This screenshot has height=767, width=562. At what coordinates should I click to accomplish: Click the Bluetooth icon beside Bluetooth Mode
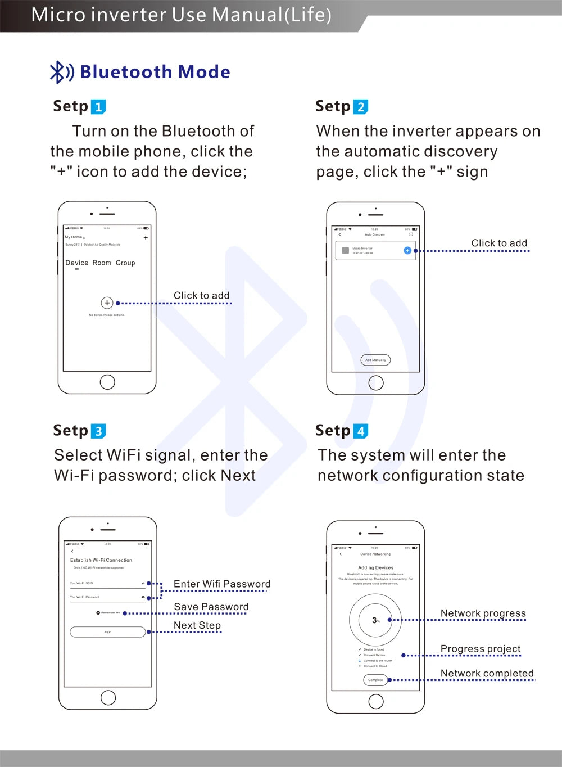pos(61,72)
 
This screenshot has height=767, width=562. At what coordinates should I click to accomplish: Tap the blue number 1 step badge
pos(98,107)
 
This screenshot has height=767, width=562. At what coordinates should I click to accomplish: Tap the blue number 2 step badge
pos(361,107)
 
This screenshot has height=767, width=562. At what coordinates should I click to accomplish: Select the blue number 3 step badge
pos(98,431)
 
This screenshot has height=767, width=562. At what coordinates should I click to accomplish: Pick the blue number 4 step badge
pos(361,431)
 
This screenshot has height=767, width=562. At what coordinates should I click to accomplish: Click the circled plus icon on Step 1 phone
pos(107,303)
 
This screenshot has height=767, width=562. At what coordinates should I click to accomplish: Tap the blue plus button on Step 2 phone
pos(407,250)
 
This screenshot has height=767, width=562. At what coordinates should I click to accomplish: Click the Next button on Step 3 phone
pos(108,632)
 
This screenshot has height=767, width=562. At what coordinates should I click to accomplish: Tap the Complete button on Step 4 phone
pos(375,680)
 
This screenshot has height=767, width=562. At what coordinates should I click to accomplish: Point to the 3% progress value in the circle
pos(375,620)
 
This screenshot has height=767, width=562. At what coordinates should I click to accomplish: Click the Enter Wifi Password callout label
pos(222,584)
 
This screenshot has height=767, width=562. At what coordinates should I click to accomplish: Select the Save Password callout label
pos(211,607)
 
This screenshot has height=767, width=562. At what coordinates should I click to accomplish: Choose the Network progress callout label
pos(483,613)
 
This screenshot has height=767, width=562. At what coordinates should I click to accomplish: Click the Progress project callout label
pos(481,649)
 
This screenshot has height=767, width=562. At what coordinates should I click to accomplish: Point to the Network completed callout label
pos(487,674)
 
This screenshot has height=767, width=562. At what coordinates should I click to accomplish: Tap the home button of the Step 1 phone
pos(107,382)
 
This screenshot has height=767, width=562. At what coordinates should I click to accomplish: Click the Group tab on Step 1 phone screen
pos(125,263)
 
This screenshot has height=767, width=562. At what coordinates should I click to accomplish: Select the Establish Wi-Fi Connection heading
pos(101,560)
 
